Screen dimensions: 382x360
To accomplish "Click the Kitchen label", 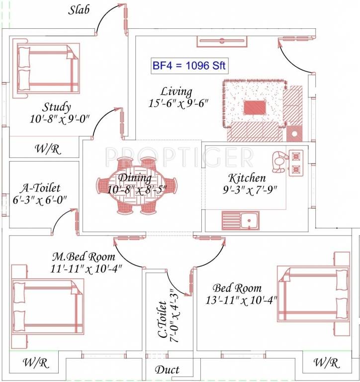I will pyautogui.click(x=247, y=178).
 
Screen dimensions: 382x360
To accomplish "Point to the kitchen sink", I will pyautogui.click(x=240, y=220).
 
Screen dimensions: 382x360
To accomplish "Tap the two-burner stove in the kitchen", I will pyautogui.click(x=297, y=162).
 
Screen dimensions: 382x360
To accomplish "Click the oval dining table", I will pyautogui.click(x=142, y=186).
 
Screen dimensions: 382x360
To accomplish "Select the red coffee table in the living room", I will pyautogui.click(x=255, y=107).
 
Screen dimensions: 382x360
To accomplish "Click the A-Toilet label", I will pyautogui.click(x=40, y=188).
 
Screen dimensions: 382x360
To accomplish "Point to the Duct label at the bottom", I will pyautogui.click(x=167, y=370).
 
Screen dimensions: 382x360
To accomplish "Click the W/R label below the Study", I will pyautogui.click(x=48, y=149).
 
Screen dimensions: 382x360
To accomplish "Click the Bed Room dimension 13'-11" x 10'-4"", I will pyautogui.click(x=241, y=300).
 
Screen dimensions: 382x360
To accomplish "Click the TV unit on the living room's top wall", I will pyautogui.click(x=218, y=42).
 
